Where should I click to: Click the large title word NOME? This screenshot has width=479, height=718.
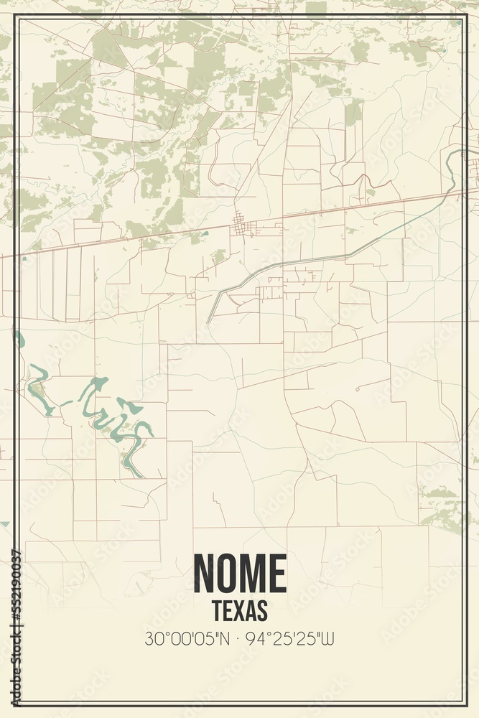click(240, 574)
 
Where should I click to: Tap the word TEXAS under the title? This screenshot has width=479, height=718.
click(240, 611)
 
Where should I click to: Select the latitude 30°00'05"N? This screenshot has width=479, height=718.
click(187, 638)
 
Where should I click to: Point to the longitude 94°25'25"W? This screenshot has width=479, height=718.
click(292, 638)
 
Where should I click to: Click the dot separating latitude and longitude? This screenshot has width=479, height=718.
click(240, 638)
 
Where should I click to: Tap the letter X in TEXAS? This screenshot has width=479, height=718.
click(241, 611)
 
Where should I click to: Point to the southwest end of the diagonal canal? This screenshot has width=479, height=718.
click(209, 321)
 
